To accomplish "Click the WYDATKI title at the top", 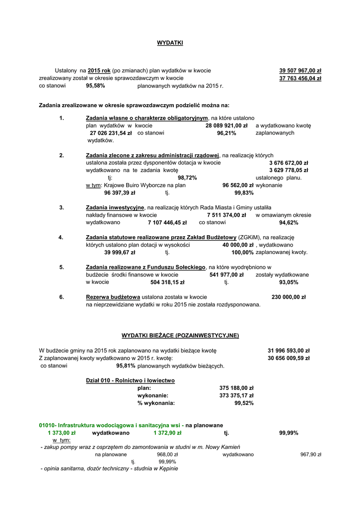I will (x=170, y=43).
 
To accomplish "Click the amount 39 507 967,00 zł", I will (x=300, y=70).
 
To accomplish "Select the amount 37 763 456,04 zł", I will (x=300, y=78).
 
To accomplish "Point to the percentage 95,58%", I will (x=95, y=85).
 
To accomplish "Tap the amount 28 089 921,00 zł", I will (x=226, y=126).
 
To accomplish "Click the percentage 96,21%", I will (x=226, y=133).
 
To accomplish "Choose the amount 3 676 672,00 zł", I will (x=288, y=163).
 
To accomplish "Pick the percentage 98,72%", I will (x=187, y=178).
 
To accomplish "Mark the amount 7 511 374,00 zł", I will (x=226, y=215).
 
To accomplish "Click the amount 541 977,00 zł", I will (x=226, y=274).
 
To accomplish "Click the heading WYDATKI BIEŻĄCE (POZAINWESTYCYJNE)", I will (x=180, y=335).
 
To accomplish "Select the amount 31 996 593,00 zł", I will (x=288, y=350).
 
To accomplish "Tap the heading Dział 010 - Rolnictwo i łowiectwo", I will (x=130, y=381).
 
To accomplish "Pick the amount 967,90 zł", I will (x=311, y=454).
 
